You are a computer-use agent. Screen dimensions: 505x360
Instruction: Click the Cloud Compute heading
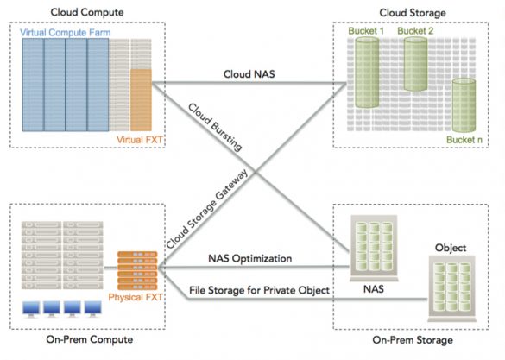pyautogui.click(x=87, y=12)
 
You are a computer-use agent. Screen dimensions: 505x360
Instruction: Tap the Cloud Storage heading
pyautogui.click(x=413, y=13)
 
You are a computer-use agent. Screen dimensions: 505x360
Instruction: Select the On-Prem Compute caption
pyautogui.click(x=90, y=339)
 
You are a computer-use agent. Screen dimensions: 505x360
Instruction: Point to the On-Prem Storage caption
pyautogui.click(x=413, y=340)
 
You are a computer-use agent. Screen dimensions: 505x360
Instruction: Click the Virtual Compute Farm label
pyautogui.click(x=66, y=33)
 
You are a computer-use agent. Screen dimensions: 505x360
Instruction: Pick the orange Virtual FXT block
pyautogui.click(x=141, y=100)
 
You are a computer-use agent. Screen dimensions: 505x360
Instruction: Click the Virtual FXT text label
pyautogui.click(x=140, y=140)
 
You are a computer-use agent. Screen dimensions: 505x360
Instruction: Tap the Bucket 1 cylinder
pyautogui.click(x=367, y=73)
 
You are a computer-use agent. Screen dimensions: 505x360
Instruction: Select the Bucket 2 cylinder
pyautogui.click(x=415, y=64)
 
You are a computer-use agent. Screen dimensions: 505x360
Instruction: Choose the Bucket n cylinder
pyautogui.click(x=464, y=105)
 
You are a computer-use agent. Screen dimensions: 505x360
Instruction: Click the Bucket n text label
pyautogui.click(x=464, y=140)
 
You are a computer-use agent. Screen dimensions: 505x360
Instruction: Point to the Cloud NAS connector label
pyautogui.click(x=249, y=74)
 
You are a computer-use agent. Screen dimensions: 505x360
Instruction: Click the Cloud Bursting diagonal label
pyautogui.click(x=215, y=127)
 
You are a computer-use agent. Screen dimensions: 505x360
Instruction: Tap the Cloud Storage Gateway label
pyautogui.click(x=207, y=209)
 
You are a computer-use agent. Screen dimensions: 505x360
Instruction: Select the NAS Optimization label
pyautogui.click(x=250, y=259)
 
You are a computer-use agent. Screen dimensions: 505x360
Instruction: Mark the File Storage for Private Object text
pyautogui.click(x=259, y=290)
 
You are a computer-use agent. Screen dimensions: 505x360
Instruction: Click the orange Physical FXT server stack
pyautogui.click(x=137, y=271)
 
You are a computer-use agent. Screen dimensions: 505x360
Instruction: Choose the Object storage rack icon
pyautogui.click(x=451, y=289)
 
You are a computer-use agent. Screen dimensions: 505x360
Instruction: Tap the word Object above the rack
pyautogui.click(x=451, y=248)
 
